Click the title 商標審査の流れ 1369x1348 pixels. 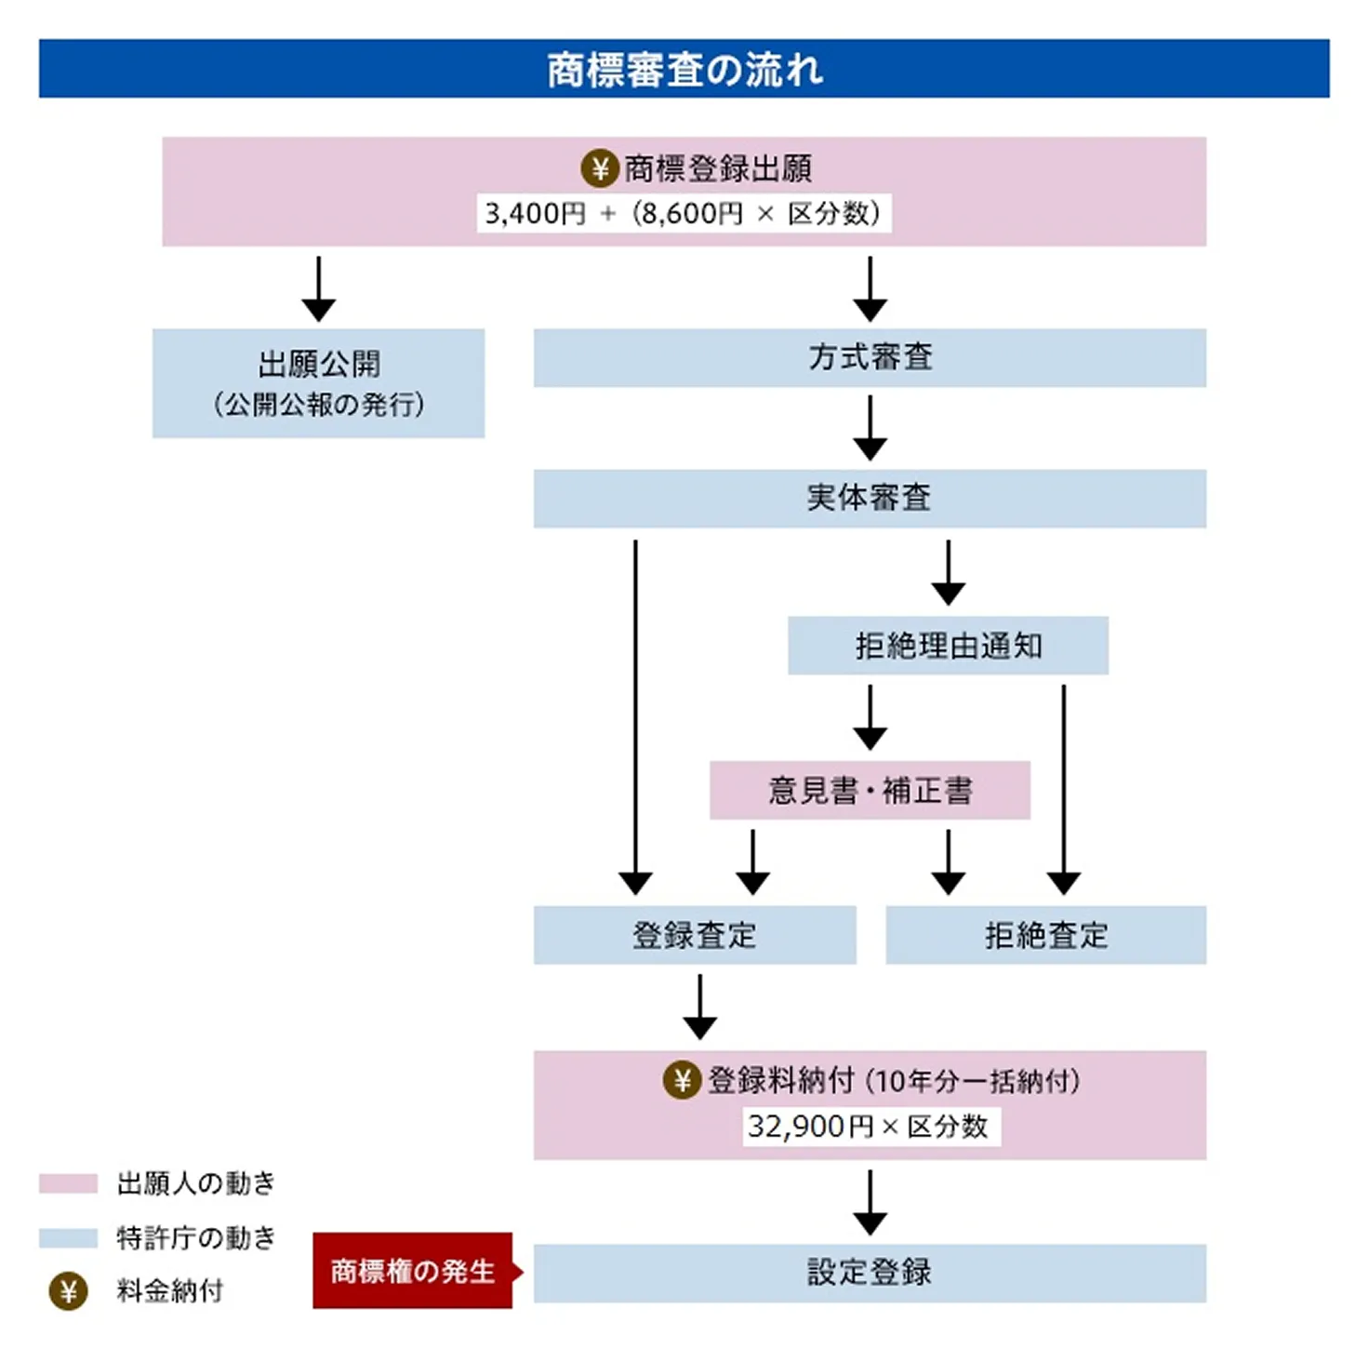684,70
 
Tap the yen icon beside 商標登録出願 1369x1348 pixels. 600,168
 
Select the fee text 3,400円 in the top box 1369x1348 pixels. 535,214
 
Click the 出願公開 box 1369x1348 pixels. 318,382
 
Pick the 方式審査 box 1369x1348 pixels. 870,357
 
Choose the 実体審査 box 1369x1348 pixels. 870,498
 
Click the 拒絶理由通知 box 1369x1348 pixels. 948,645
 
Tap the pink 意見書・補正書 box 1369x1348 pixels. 870,790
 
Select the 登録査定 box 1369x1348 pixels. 694,935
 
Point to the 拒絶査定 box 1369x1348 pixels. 1045,935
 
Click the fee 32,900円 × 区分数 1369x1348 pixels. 868,1127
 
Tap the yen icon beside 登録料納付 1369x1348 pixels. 682,1080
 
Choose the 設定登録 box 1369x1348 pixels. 870,1272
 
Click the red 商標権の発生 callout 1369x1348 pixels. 413,1271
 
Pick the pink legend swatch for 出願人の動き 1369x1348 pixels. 68,1183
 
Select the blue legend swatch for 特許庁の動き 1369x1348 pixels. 68,1237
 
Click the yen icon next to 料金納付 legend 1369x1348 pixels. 68,1291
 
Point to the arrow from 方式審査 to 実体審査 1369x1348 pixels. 870,427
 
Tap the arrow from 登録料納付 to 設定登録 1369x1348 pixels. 870,1202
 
